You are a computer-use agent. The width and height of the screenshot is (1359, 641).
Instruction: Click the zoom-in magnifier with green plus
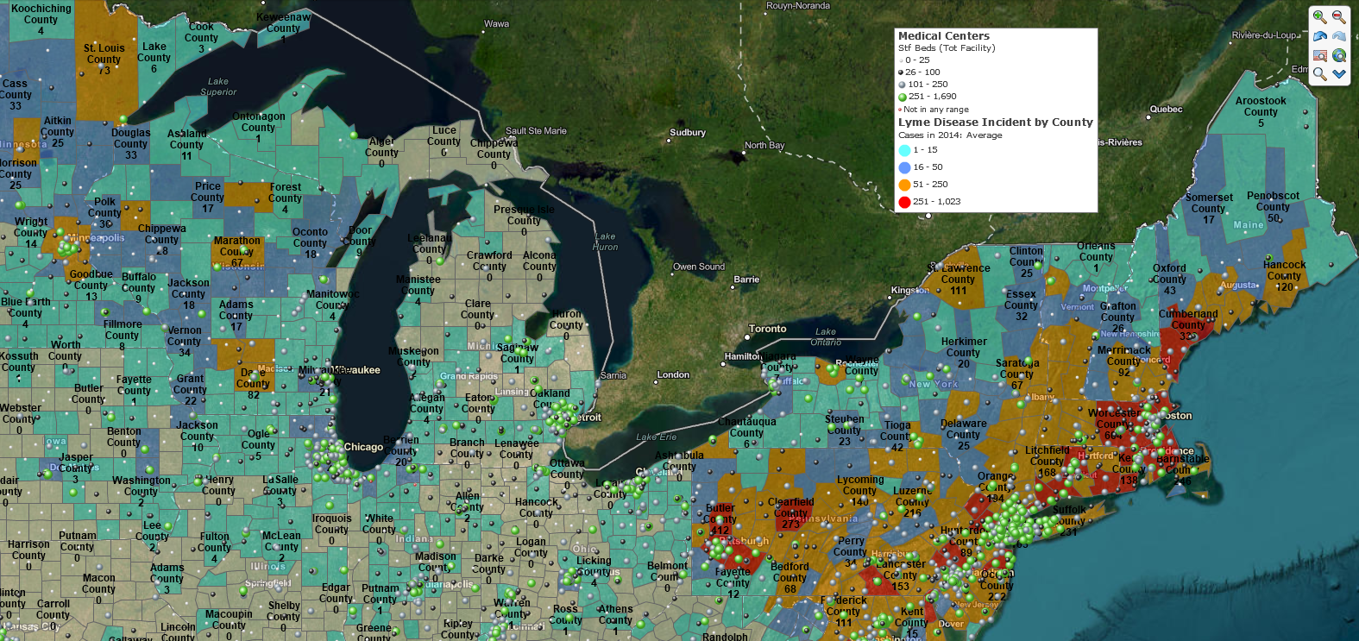point(1319,16)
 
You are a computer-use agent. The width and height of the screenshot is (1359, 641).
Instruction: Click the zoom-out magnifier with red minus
point(1339,16)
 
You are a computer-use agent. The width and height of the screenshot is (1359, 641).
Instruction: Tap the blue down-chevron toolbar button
point(1339,74)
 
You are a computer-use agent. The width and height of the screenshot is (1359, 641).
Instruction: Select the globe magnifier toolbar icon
point(1339,55)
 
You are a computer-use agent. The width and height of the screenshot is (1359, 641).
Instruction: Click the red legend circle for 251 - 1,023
point(904,202)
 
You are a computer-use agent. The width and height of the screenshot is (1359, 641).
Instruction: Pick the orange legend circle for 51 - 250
point(904,185)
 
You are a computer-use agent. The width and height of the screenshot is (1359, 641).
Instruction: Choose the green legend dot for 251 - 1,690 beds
point(902,97)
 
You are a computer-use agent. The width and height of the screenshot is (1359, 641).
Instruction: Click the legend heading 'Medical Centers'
point(943,36)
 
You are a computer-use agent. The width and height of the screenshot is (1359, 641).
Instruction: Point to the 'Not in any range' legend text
point(935,110)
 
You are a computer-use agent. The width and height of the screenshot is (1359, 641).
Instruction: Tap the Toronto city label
point(767,329)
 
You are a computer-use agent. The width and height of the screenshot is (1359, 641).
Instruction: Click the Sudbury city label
point(688,133)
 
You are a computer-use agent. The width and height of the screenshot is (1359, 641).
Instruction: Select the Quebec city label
point(1166,110)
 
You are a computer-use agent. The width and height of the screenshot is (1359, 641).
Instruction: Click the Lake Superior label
point(218,86)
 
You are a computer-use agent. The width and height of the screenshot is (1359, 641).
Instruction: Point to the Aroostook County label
point(1261,106)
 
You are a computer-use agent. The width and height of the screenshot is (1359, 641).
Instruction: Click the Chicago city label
point(363,447)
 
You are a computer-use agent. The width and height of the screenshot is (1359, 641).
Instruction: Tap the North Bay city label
point(764,145)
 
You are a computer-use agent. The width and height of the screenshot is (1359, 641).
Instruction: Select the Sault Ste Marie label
point(536,131)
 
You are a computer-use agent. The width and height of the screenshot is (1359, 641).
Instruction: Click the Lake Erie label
point(656,437)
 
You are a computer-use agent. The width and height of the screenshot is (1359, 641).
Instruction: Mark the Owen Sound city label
point(699,267)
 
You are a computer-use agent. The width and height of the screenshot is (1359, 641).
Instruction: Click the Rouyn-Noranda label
point(798,6)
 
